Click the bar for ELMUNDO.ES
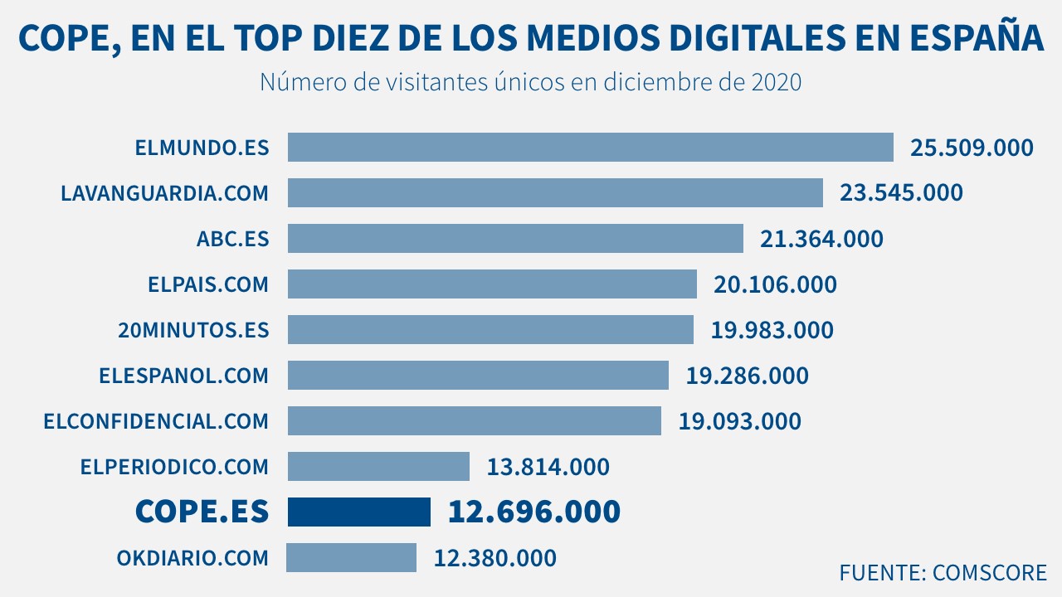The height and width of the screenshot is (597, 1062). pos(590,148)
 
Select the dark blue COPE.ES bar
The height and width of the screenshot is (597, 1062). pos(358,512)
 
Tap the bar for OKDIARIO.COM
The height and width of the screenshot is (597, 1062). pos(351,557)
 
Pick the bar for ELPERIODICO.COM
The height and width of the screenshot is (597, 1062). pos(378,466)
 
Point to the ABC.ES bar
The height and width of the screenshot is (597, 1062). pos(515,239)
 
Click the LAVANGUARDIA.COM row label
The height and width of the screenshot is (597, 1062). pos(165,193)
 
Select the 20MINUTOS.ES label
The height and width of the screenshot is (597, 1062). pos(194,330)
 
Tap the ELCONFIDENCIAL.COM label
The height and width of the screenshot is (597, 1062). pos(156,421)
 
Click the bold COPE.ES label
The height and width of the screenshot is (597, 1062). pos(202,512)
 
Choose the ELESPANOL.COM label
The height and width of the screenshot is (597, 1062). pos(183,376)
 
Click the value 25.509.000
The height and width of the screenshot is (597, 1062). pos(972,148)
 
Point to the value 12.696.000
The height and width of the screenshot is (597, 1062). pos(533,512)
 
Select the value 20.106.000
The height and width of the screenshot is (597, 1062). pos(775,284)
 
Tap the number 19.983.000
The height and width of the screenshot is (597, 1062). pos(772,330)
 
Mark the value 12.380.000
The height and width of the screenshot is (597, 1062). pos(494,558)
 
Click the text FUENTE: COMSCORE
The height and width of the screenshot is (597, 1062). pos(943,572)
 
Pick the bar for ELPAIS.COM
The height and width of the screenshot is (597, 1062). pos(492,284)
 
